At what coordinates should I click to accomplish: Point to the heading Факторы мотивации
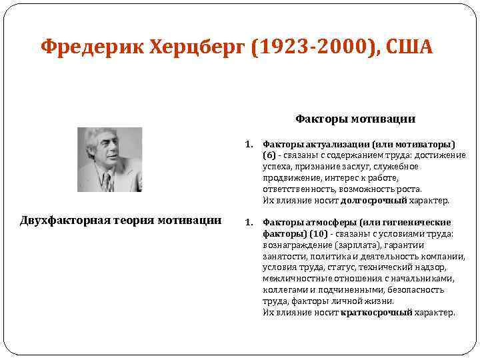[x=355, y=119]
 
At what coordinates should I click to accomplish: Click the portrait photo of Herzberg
[x=110, y=159]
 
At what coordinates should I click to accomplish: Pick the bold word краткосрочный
[x=376, y=313]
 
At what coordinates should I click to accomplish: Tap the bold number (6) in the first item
[x=269, y=155]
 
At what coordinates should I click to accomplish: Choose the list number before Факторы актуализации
[x=249, y=143]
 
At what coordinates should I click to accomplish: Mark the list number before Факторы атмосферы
[x=249, y=222]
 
